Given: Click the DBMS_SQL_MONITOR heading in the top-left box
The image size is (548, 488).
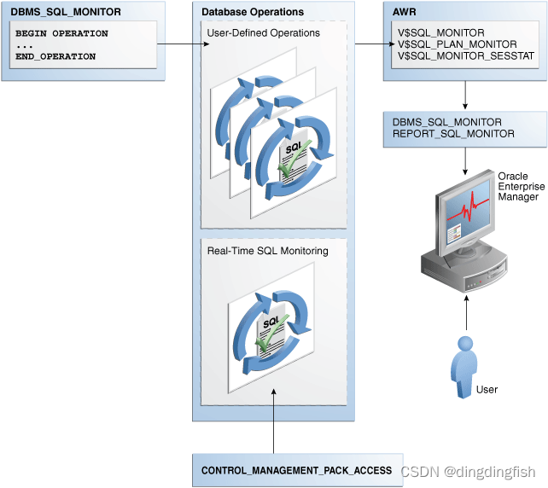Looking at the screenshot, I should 55,13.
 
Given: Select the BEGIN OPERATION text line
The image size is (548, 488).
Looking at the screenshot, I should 61,34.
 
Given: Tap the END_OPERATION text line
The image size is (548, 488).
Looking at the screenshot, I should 55,56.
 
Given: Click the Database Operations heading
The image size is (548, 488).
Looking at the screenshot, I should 252,13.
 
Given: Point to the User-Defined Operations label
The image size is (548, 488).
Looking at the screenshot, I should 263,33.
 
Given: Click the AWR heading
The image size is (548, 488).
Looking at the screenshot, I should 405,13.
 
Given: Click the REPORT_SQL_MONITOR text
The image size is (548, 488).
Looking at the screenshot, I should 453,134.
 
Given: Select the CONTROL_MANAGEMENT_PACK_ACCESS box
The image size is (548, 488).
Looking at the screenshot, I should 296,470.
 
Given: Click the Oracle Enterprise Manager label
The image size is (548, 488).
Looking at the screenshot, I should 517,186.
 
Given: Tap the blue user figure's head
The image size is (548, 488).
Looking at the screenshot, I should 465,344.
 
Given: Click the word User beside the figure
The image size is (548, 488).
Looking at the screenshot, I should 487,390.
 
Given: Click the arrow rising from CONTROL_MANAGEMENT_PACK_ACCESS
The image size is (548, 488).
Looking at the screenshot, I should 273,419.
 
